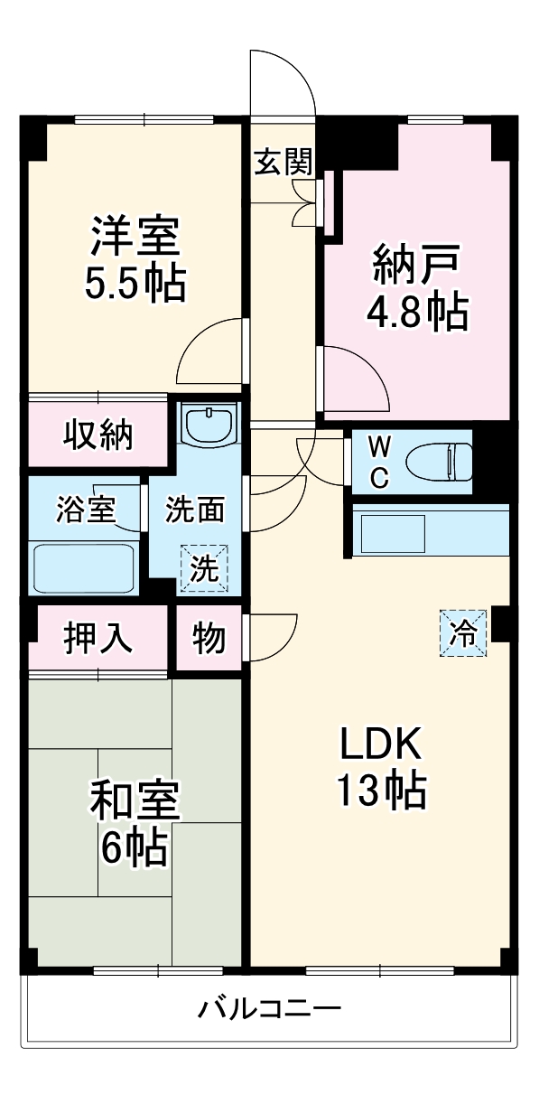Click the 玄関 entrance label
(283, 163)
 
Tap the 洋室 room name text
(135, 238)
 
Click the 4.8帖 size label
(417, 312)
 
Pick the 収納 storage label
(98, 435)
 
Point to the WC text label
(380, 462)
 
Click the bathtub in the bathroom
(84, 567)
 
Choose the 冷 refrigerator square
(463, 633)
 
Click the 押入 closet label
(98, 638)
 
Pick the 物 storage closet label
(209, 638)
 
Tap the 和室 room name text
(135, 800)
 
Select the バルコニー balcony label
(270, 1007)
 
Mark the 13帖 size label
(380, 791)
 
